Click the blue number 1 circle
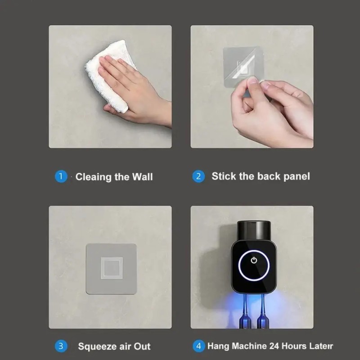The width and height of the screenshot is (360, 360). (x=61, y=176)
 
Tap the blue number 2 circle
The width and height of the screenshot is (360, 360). (x=198, y=176)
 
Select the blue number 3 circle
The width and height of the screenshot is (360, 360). (x=61, y=346)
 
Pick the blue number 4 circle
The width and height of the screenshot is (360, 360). (x=199, y=346)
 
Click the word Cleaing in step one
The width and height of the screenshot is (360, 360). (x=94, y=177)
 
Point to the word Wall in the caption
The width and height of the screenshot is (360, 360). (x=142, y=177)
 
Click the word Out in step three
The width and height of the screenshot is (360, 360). (x=142, y=346)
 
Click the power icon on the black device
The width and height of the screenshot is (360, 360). (x=254, y=260)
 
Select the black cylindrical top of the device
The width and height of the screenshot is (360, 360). (x=254, y=231)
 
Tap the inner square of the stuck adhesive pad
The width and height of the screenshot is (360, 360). (x=112, y=268)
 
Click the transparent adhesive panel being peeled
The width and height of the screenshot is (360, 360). (x=243, y=67)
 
